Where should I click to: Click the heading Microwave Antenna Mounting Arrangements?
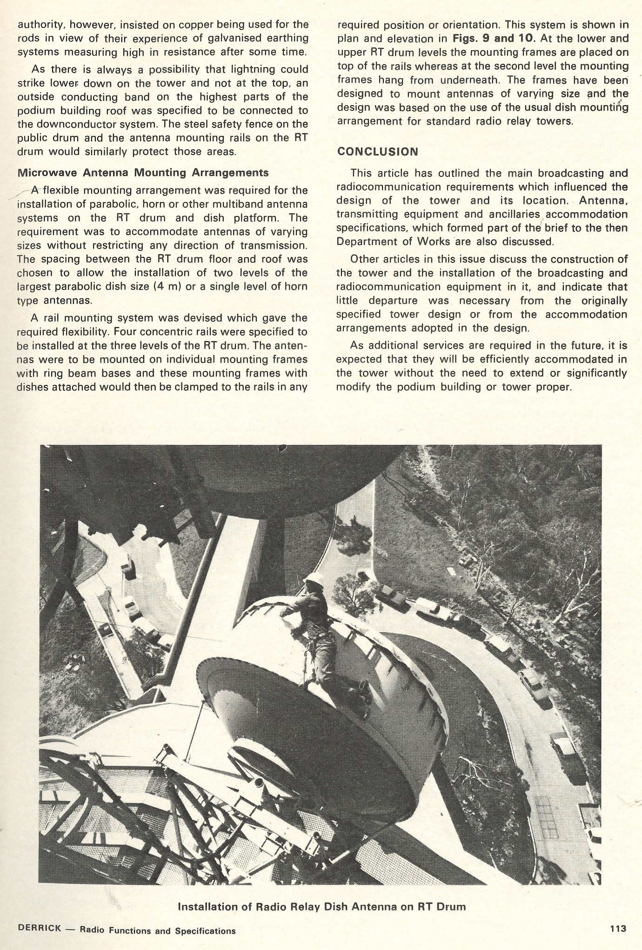pyautogui.click(x=143, y=173)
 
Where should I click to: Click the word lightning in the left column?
pyautogui.click(x=250, y=69)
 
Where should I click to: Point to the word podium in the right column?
pyautogui.click(x=417, y=387)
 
